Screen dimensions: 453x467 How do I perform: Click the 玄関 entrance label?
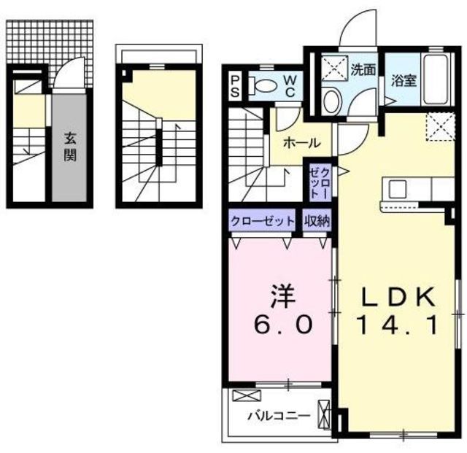(70, 146)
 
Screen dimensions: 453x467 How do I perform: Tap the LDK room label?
(398, 297)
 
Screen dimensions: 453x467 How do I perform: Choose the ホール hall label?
(299, 142)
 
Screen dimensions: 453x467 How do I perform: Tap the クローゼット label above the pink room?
(262, 220)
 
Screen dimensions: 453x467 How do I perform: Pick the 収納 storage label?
(317, 220)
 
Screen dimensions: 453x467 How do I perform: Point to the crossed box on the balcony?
(242, 398)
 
